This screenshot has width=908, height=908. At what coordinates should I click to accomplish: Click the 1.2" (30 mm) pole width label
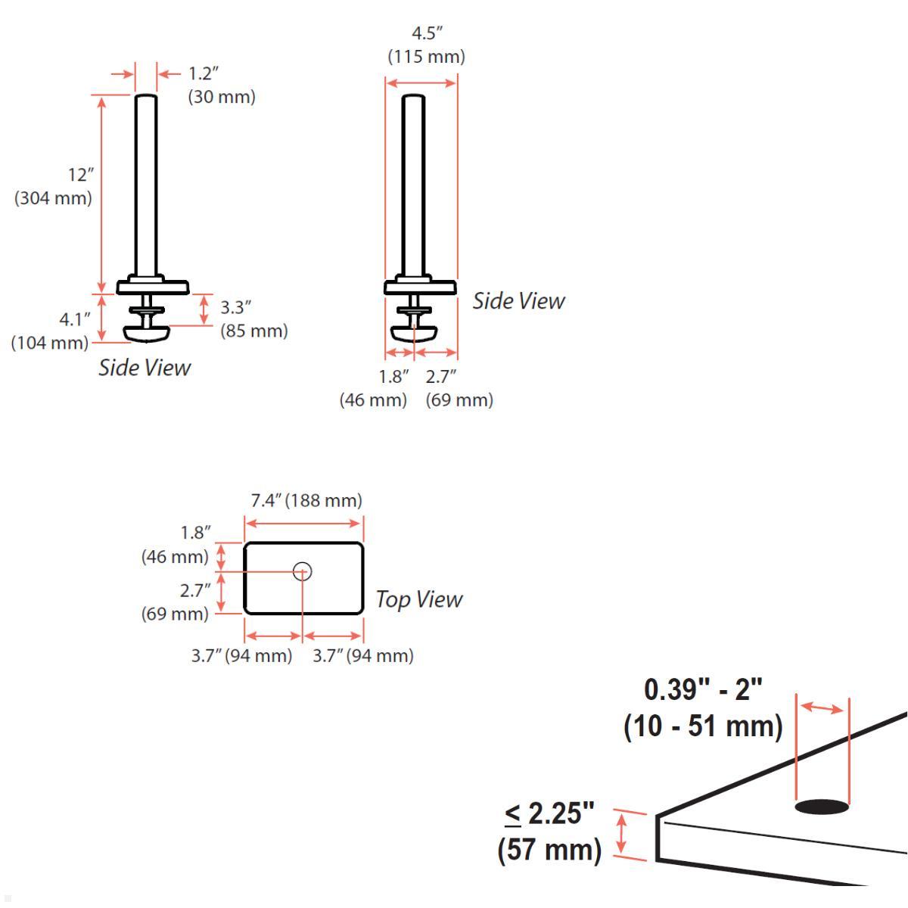(222, 86)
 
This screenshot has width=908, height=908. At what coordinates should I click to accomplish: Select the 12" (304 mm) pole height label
(53, 187)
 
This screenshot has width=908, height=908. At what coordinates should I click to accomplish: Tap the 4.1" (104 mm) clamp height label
(50, 331)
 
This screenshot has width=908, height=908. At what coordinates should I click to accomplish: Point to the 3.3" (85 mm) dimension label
(254, 319)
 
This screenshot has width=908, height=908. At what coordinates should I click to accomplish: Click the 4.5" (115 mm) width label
(427, 45)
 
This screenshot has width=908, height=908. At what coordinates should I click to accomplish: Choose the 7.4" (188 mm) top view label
(306, 500)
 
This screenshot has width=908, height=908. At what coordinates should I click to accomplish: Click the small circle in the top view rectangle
(302, 571)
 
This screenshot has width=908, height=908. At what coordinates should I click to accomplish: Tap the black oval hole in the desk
(822, 807)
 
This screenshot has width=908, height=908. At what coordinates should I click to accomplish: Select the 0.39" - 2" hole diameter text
(703, 689)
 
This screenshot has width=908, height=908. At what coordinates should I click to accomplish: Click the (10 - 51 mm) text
(703, 726)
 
